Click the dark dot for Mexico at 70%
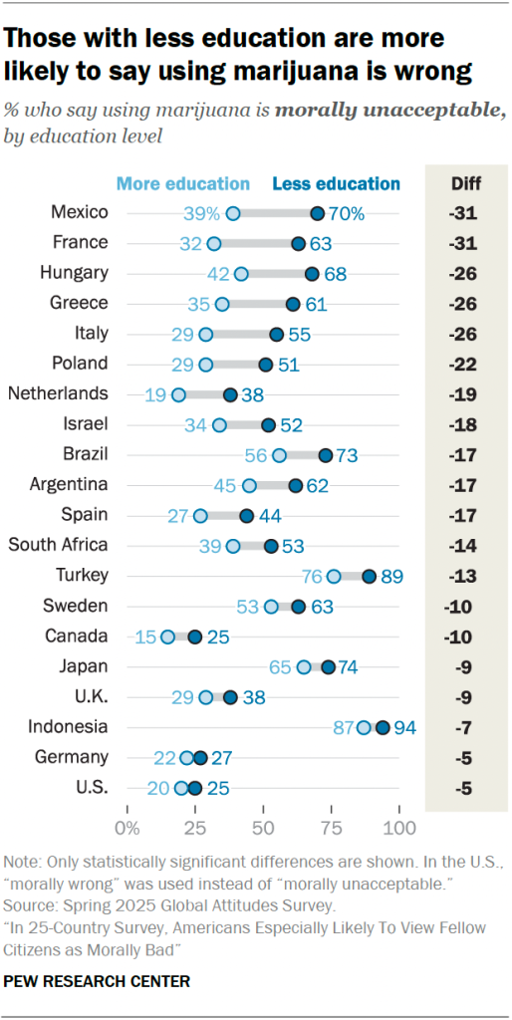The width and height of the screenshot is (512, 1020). click(x=317, y=213)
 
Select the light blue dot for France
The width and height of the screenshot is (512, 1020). click(x=214, y=243)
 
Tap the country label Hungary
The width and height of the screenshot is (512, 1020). click(x=73, y=273)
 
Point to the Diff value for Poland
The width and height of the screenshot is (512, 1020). click(x=464, y=365)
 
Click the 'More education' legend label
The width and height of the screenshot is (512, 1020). click(x=183, y=183)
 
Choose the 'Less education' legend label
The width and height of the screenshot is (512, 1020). click(x=336, y=183)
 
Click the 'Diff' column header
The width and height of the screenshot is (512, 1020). click(x=465, y=183)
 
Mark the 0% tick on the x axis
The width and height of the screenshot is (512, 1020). click(x=128, y=828)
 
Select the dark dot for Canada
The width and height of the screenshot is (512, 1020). click(x=195, y=637)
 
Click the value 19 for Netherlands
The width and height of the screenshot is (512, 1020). click(x=154, y=394)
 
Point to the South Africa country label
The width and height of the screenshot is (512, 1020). click(x=58, y=545)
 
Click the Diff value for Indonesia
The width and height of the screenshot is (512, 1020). click(x=464, y=728)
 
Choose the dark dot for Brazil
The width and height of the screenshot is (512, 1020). click(x=326, y=455)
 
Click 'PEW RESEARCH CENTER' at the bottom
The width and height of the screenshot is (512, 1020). click(x=98, y=981)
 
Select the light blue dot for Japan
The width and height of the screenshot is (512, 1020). click(x=304, y=667)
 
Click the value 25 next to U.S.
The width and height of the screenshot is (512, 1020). click(x=219, y=789)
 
